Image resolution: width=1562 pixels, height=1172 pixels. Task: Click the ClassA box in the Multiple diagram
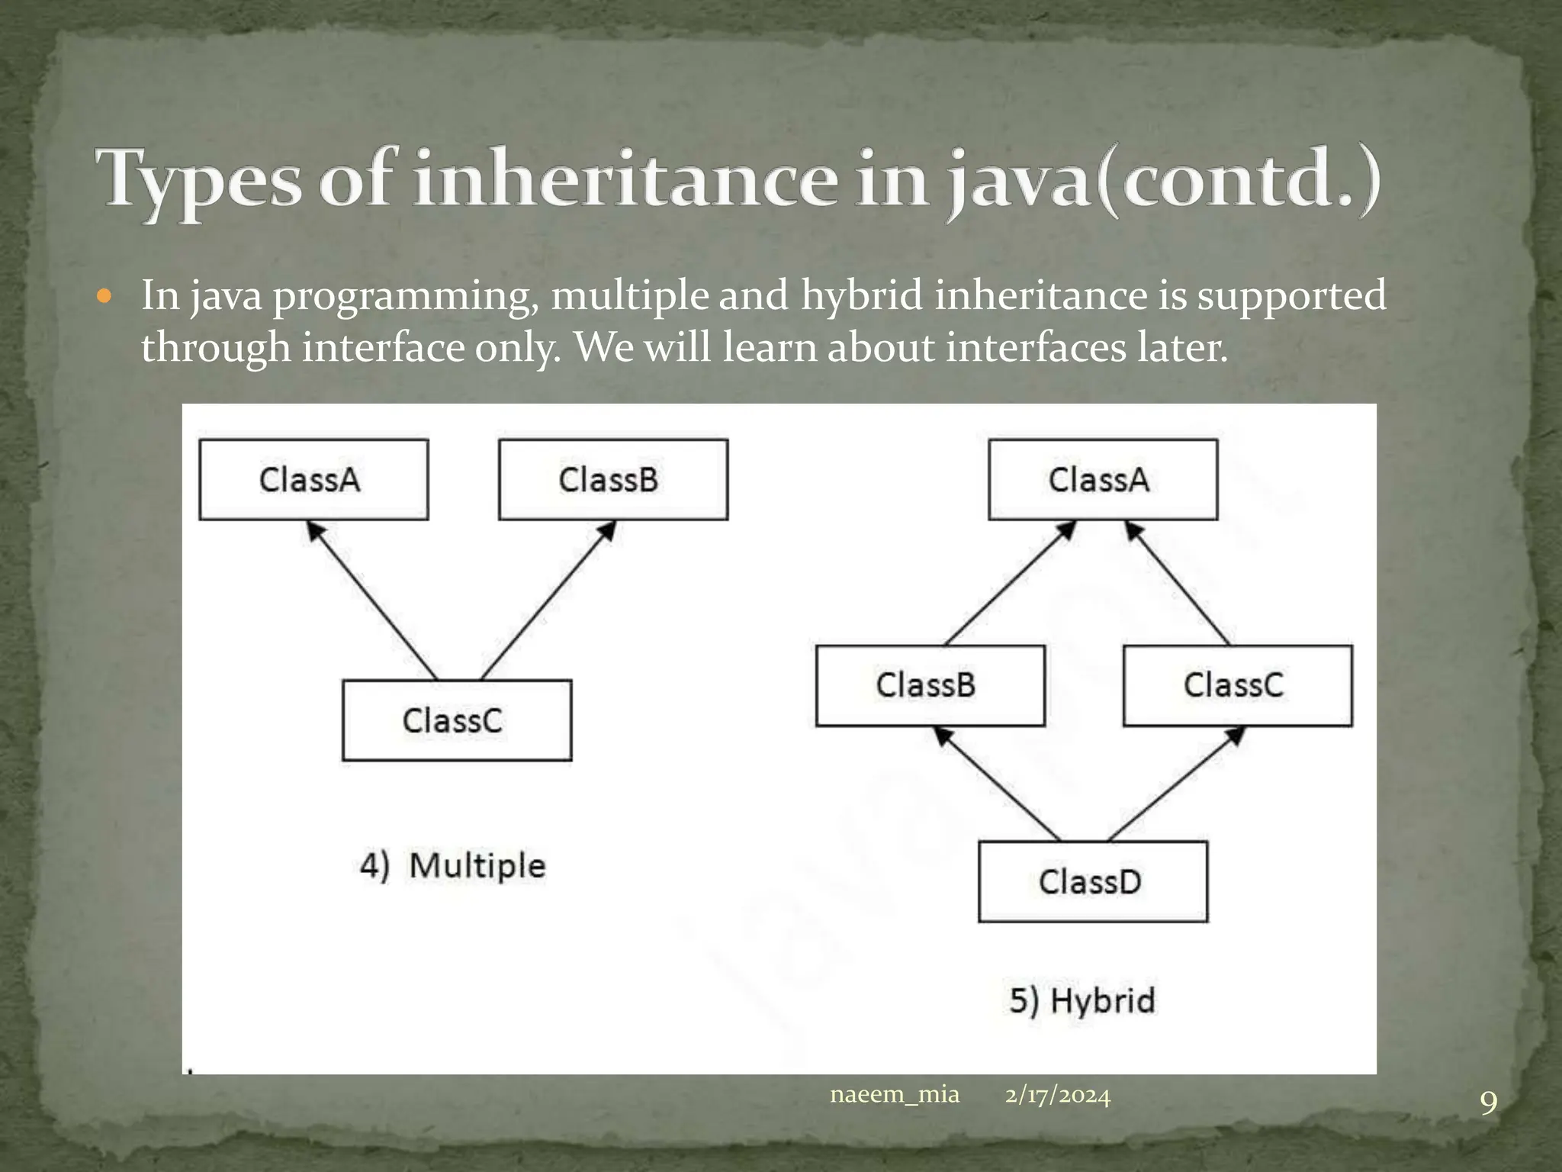point(313,480)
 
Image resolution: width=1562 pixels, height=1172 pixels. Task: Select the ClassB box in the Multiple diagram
point(613,480)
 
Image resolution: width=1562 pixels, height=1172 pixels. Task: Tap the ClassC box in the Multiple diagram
point(457,720)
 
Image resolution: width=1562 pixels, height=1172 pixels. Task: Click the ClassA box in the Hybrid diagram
point(1103,480)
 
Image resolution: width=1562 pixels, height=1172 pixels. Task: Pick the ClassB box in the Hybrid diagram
point(930,685)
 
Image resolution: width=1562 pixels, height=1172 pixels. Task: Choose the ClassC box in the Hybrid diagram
point(1238,685)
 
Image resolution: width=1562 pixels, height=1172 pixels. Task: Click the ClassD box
point(1093,882)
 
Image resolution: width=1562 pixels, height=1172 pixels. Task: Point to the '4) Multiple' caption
point(453,866)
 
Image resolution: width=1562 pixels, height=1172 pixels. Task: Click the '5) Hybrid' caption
point(1082,1000)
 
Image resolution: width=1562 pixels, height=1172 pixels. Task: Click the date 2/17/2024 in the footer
point(1057,1096)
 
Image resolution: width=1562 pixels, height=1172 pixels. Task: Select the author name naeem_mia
point(894,1095)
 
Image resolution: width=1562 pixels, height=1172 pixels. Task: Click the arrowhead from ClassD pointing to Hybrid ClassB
point(943,736)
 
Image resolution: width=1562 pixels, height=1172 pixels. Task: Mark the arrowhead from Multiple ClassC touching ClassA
point(314,530)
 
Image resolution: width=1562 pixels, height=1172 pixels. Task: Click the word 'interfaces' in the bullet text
point(1036,348)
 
